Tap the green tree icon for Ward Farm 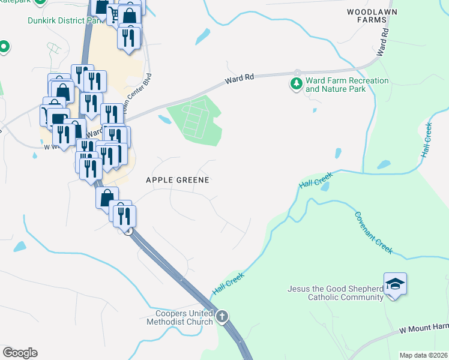[x=296, y=84]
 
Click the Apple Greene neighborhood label [x=178, y=179]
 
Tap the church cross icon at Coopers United [x=222, y=316]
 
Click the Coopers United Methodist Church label [x=179, y=317]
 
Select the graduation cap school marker [x=396, y=283]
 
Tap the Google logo [x=20, y=353]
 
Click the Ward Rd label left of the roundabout [x=240, y=79]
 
